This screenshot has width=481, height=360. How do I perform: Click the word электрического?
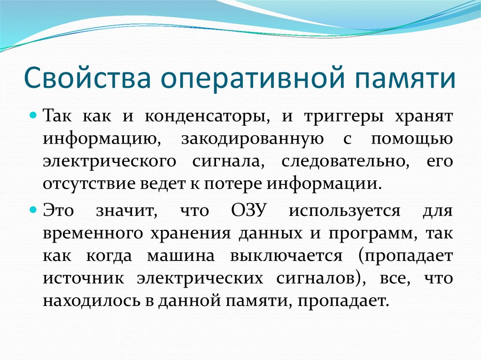coord(109,161)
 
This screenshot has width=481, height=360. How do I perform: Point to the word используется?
coord(344,210)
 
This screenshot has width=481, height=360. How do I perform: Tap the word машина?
coord(181,256)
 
